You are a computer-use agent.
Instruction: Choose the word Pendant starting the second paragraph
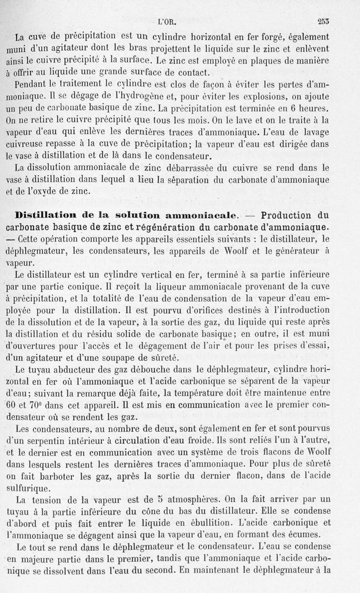coord(33,84)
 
